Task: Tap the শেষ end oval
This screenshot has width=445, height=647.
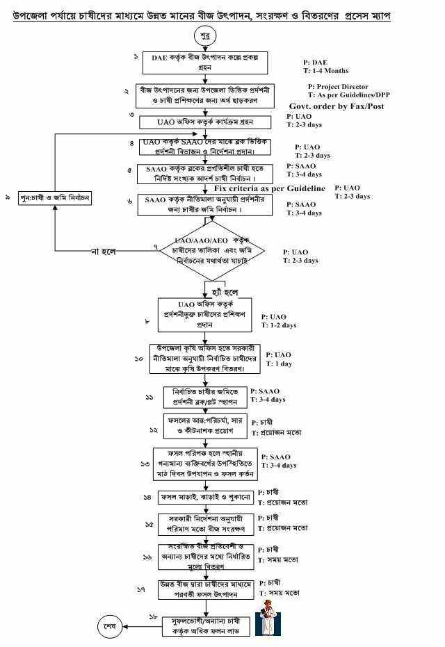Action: pos(110,625)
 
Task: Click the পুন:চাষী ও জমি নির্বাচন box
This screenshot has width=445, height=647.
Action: pos(56,198)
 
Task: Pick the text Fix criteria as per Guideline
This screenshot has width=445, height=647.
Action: pos(269,188)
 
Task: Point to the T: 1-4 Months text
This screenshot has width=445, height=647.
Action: pos(325,71)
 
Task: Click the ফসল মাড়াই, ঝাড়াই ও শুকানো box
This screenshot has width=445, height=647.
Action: pos(206,498)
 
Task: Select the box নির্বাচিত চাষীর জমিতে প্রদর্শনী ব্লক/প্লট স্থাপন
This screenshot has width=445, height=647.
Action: pos(205,397)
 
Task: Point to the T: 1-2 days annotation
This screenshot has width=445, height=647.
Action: pos(279,325)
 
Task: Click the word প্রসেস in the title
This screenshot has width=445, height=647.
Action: pos(355,14)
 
